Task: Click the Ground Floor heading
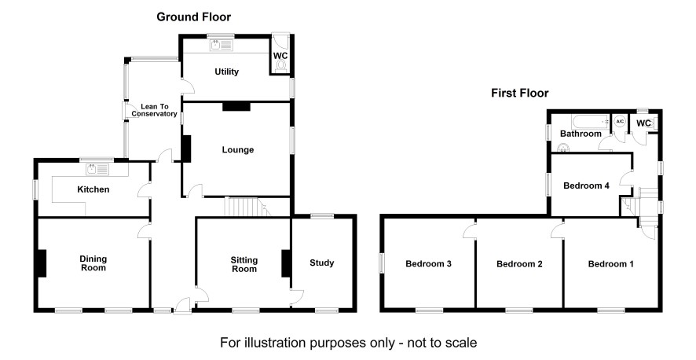[x=193, y=17]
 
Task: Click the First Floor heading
[x=520, y=94]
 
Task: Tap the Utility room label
[x=226, y=72]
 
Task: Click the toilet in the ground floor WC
[x=280, y=66]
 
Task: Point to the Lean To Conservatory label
[x=155, y=110]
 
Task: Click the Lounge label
[x=238, y=150]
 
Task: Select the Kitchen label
[x=93, y=189]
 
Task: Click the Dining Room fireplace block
[x=42, y=263]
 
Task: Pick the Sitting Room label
[x=244, y=265]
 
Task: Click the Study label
[x=322, y=263]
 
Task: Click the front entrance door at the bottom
[x=182, y=306]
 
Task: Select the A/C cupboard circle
[x=620, y=121]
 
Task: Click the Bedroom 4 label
[x=586, y=186]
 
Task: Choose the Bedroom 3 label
[x=429, y=264]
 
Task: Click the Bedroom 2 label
[x=519, y=264]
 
